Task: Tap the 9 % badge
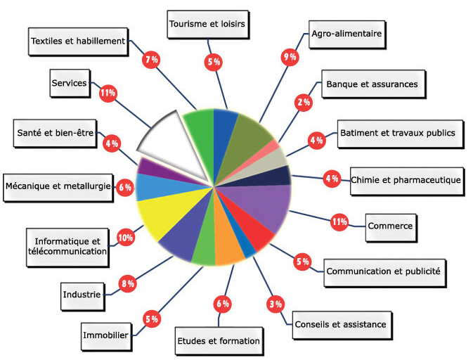[289, 57]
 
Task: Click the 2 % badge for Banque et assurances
[304, 103]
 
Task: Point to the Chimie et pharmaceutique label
[406, 179]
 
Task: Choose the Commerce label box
[389, 226]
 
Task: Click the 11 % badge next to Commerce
[339, 221]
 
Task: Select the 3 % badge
[275, 304]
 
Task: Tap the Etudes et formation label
[218, 341]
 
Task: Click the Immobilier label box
[105, 335]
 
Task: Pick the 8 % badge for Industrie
[129, 283]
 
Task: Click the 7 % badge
[150, 60]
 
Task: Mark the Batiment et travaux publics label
[397, 132]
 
